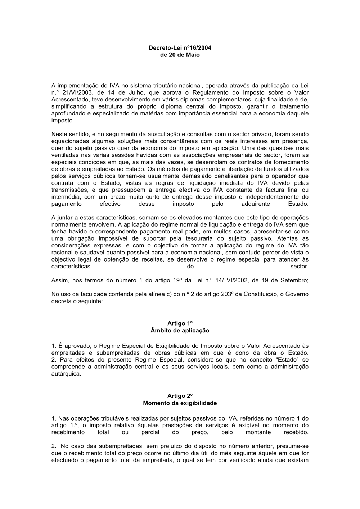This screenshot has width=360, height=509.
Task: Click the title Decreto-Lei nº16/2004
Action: click(180, 47)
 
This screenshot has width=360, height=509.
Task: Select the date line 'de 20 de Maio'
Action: click(180, 55)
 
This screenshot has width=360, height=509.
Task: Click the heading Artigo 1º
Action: click(180, 323)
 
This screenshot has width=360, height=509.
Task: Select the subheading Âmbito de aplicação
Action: click(180, 330)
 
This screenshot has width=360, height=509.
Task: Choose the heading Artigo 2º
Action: click(180, 396)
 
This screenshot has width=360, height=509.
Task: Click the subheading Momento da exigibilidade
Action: click(180, 403)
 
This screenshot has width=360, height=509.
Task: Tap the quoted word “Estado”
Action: click(290, 360)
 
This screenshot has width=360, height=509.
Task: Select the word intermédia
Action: click(65, 197)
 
